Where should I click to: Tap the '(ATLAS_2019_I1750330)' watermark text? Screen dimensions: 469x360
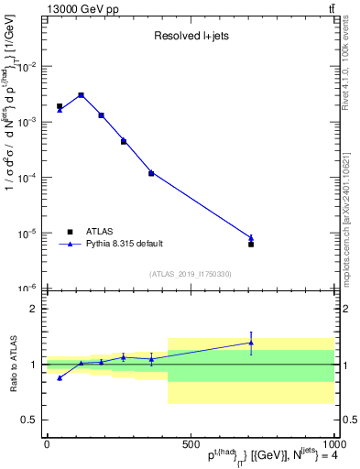tap(190, 274)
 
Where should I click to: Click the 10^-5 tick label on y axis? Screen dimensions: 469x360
tap(31, 234)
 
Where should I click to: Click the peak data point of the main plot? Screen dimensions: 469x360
tap(81, 95)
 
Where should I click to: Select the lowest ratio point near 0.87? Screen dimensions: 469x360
tap(60, 377)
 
